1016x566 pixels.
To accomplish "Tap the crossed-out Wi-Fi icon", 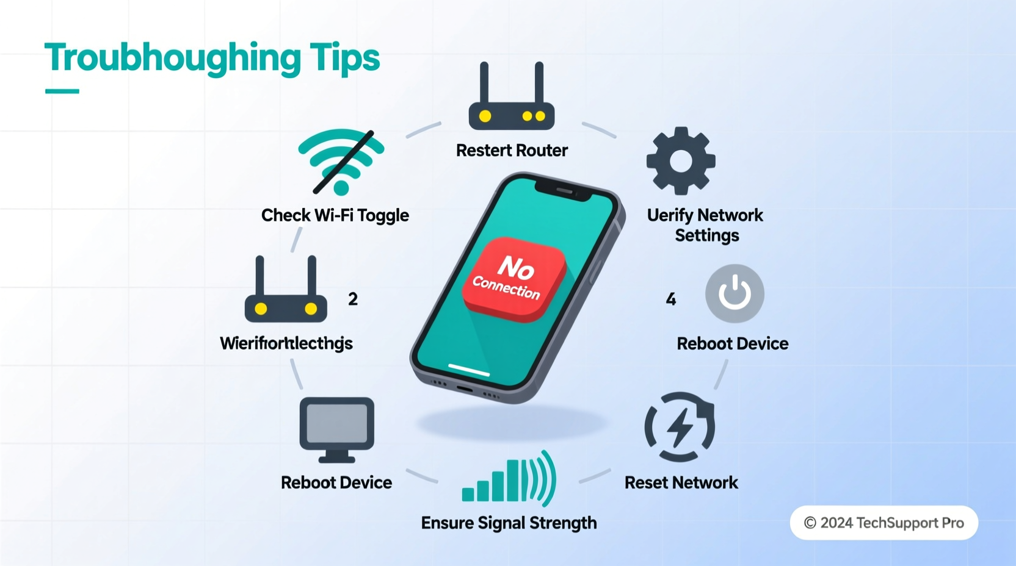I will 341,162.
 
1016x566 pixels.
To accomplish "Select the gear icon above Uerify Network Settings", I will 681,161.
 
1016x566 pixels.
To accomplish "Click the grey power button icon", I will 735,293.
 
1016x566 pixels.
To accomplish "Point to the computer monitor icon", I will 336,429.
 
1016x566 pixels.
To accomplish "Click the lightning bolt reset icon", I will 680,427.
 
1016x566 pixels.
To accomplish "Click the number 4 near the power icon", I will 671,299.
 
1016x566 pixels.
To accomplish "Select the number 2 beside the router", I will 353,299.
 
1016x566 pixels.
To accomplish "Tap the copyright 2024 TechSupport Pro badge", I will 884,523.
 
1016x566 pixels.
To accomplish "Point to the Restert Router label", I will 512,151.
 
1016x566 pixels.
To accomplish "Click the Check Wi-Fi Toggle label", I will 335,215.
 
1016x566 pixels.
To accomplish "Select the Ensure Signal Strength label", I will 509,523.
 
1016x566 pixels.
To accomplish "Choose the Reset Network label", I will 681,483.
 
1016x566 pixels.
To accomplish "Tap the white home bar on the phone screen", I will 469,370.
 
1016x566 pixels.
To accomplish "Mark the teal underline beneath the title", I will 62,91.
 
